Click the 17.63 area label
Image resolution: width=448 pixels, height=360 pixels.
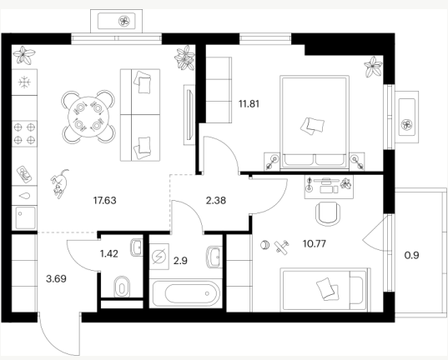tap(105, 201)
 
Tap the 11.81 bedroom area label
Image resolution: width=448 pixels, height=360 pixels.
tap(249, 104)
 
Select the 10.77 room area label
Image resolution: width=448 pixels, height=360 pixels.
tap(315, 244)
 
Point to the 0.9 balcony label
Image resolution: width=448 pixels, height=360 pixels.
tap(412, 255)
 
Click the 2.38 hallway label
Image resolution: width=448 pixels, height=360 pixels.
tap(216, 201)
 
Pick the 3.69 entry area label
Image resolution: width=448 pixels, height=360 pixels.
tap(56, 278)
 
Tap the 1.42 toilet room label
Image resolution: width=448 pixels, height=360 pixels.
tap(109, 253)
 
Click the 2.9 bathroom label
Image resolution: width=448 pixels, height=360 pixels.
tap(180, 261)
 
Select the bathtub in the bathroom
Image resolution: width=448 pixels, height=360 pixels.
tap(186, 294)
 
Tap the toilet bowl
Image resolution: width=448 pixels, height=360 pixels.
tap(122, 287)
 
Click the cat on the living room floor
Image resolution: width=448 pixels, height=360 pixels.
tap(60, 183)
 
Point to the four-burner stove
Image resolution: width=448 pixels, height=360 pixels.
tap(24, 133)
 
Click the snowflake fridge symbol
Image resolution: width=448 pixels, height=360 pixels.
tap(24, 82)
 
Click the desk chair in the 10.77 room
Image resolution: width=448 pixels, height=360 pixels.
tap(328, 214)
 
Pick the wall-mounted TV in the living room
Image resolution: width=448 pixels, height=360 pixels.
tap(189, 115)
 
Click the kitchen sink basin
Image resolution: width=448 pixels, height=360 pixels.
tap(25, 217)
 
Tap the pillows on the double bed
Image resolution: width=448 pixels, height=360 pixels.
tap(312, 126)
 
